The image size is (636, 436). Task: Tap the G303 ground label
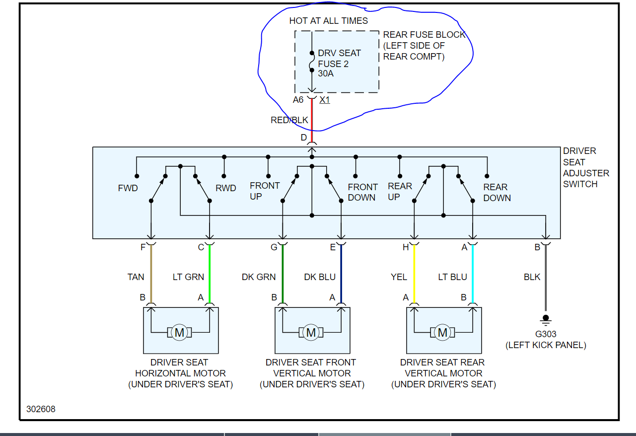[x=546, y=334]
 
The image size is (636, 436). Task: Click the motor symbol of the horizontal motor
[x=180, y=332]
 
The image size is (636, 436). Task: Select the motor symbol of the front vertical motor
[x=311, y=332]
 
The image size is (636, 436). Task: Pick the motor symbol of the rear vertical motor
[x=442, y=332]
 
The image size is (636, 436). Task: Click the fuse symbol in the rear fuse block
[x=312, y=64]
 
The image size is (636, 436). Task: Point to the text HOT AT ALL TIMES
[x=329, y=21]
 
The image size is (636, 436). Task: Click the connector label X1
[x=325, y=100]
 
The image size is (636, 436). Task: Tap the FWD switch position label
[x=128, y=189]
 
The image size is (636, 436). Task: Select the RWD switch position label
[x=225, y=189]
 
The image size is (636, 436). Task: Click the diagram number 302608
[x=41, y=409]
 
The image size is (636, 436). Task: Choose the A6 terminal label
[x=298, y=100]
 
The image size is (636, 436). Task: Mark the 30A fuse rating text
[x=326, y=73]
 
